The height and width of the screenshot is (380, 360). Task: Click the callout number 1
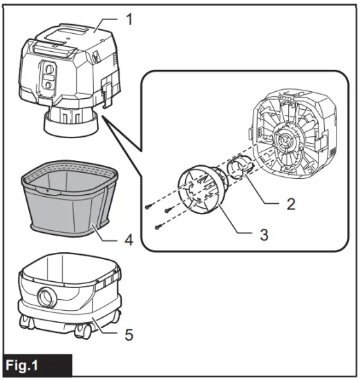pos(128,19)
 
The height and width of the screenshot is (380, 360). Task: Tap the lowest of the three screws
pos(159,227)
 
